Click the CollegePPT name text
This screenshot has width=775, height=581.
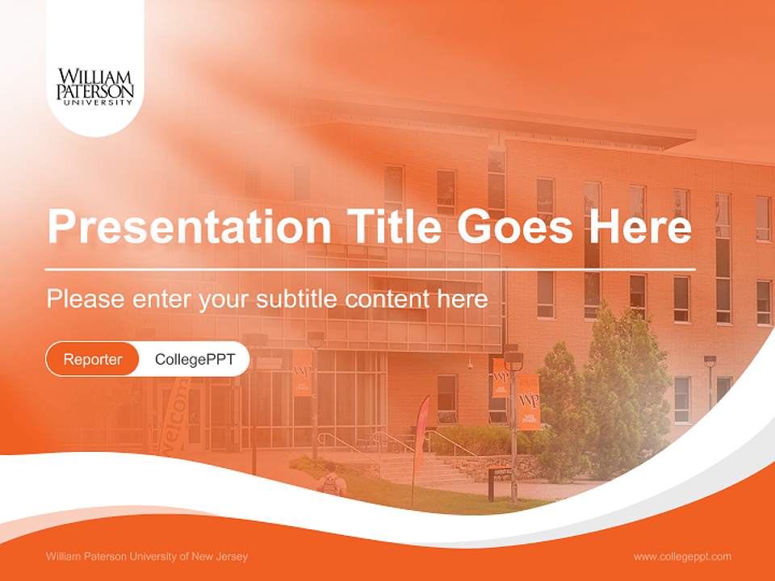(x=195, y=359)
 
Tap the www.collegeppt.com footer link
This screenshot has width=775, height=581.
(x=682, y=556)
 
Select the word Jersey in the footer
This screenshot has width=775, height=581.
(x=231, y=556)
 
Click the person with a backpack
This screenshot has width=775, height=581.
(x=330, y=483)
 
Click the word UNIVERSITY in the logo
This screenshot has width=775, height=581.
(x=95, y=103)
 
